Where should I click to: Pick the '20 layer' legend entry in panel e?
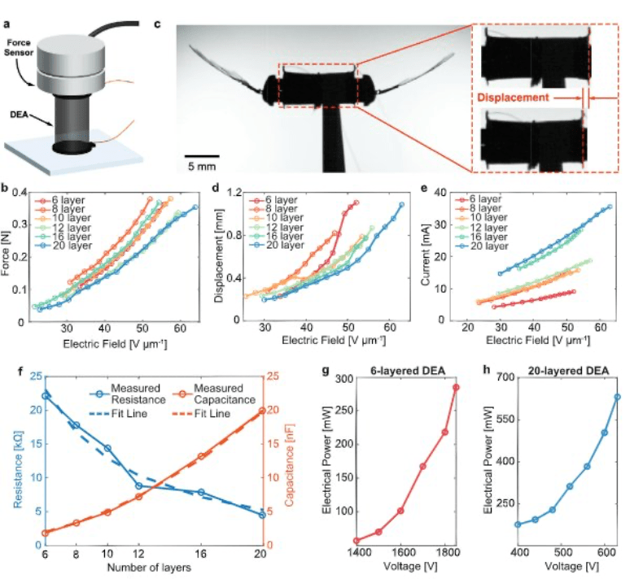pyautogui.click(x=486, y=245)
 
